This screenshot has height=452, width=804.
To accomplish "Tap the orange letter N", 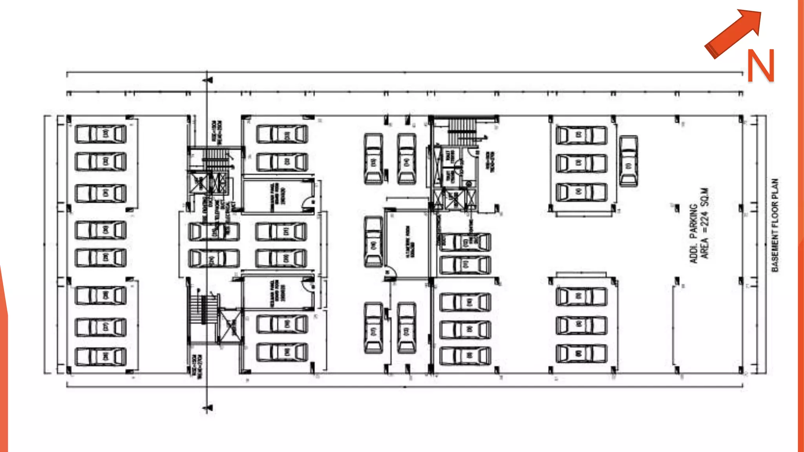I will tap(760, 66).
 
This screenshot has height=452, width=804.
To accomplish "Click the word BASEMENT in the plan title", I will tap(775, 251).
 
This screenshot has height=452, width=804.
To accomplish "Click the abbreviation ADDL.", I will tap(694, 253).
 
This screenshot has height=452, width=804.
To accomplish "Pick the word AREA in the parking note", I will tap(705, 248).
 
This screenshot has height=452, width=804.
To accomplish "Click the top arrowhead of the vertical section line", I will tap(208, 80).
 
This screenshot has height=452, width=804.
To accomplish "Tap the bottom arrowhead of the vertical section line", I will tap(208, 408).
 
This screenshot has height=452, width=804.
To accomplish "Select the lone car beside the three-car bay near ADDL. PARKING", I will tap(629, 161).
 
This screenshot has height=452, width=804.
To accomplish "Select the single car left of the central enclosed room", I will tap(373, 241).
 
